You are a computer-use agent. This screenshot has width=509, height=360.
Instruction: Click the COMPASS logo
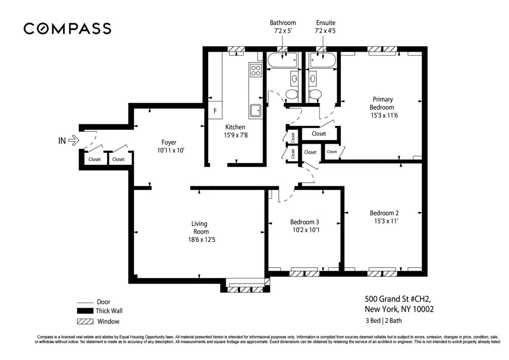[67, 29]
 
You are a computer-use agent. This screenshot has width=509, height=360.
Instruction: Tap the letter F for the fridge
[215, 110]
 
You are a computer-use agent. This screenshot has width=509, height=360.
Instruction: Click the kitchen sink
[255, 109]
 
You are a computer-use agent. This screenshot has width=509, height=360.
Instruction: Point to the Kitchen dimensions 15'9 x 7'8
[235, 135]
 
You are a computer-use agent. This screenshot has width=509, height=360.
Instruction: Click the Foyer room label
[169, 143]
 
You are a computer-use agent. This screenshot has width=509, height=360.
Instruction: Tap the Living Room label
[199, 228]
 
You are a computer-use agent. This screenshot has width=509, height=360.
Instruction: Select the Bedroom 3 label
[304, 222]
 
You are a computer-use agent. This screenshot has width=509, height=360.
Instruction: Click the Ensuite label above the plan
[326, 23]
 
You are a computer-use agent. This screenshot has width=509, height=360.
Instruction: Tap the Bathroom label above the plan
[283, 23]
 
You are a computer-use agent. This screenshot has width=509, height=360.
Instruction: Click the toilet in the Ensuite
[315, 95]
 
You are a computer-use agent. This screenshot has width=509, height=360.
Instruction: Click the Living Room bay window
[246, 289]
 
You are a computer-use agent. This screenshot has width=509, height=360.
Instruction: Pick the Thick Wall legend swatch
[84, 311]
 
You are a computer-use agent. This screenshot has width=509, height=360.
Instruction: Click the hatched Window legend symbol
[84, 321]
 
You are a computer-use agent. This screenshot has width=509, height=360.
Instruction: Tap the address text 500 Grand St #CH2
[393, 299]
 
